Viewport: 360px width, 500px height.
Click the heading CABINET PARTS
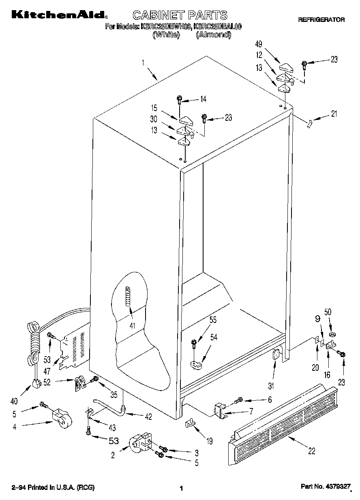point(180,15)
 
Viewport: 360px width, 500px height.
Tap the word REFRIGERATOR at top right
point(321,19)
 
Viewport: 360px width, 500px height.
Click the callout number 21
point(334,114)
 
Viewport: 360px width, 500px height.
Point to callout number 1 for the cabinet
point(143,63)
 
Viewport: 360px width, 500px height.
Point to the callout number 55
point(213,320)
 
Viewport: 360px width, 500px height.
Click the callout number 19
point(209,441)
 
